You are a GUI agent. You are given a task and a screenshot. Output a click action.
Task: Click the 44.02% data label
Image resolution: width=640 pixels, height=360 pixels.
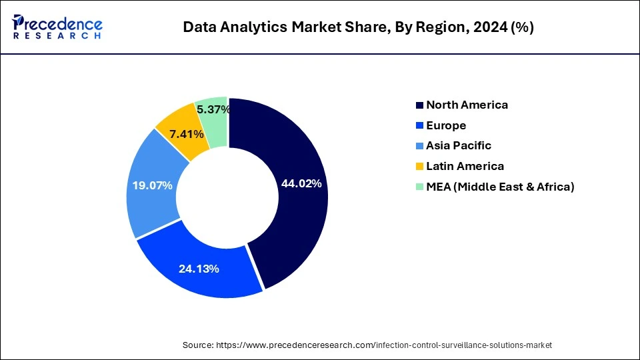tap(301, 183)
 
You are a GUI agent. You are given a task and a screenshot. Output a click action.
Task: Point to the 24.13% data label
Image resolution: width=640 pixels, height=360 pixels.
tap(199, 269)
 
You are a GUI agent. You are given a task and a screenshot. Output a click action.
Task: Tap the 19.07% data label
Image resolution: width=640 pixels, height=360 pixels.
tap(153, 185)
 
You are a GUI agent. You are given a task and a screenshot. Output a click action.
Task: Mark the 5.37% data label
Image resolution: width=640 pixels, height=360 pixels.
tap(213, 109)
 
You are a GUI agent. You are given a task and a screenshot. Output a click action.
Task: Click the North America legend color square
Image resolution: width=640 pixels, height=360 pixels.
tap(419, 105)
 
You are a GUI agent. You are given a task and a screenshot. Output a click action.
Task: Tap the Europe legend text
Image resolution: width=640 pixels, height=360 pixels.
tap(446, 125)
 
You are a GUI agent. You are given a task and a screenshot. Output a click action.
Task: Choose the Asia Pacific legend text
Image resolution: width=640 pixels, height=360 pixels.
tap(459, 145)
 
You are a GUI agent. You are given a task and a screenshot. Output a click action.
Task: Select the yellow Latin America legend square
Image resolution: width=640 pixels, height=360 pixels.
tap(419, 166)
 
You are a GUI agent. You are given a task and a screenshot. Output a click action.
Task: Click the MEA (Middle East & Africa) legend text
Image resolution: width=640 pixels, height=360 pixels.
tap(500, 187)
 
